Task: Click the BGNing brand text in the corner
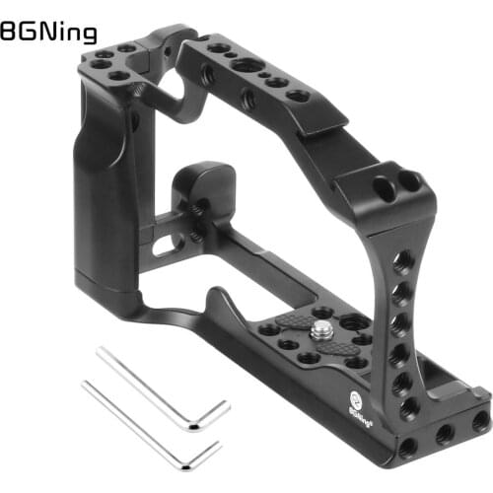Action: click(48, 34)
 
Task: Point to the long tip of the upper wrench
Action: click(103, 350)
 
